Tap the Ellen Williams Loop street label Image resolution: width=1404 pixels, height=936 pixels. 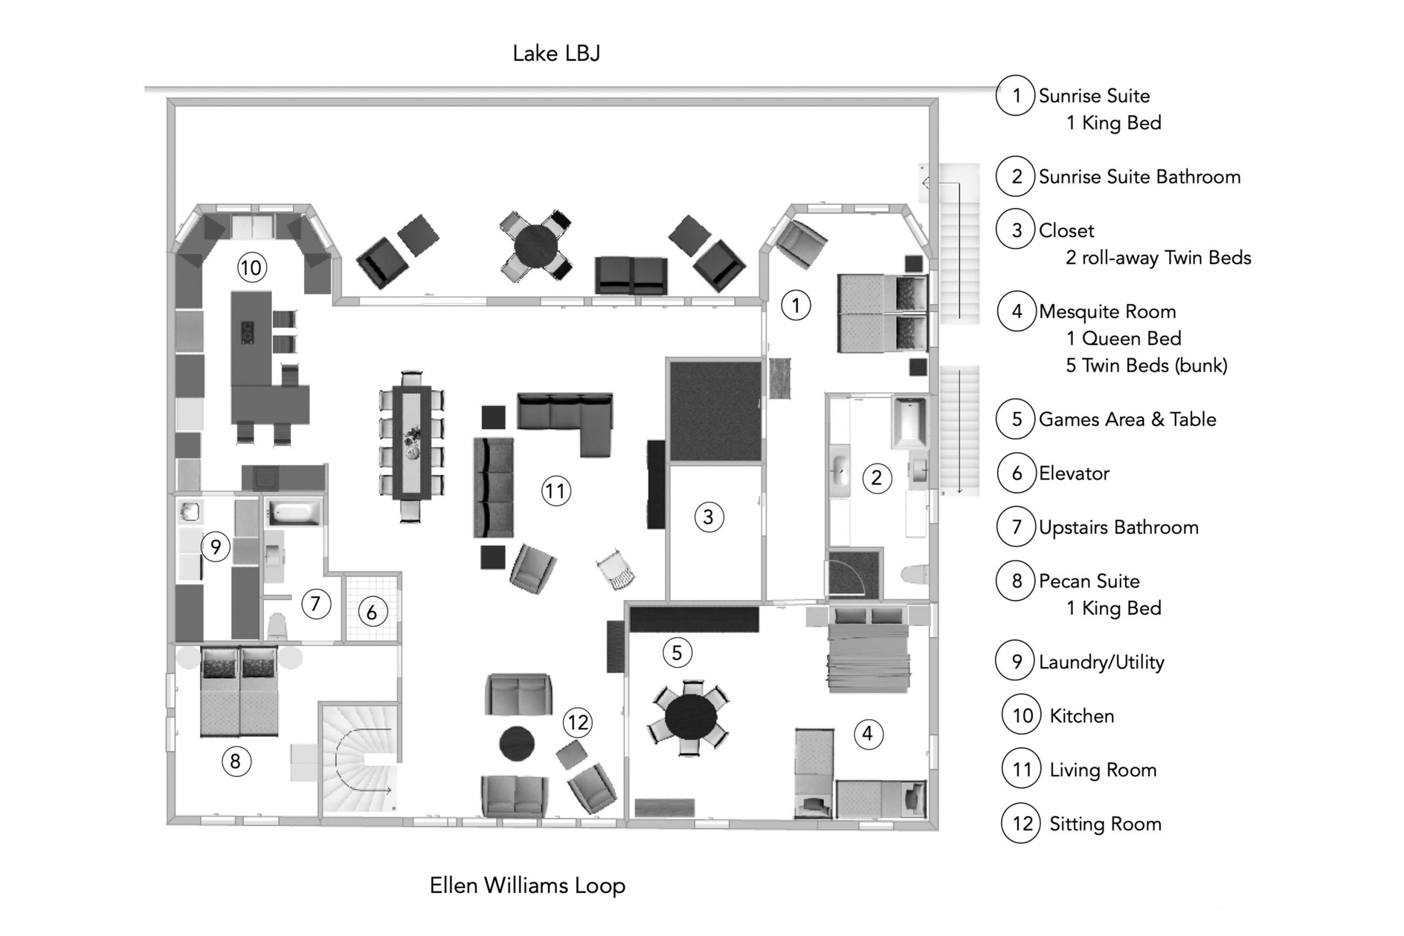[x=527, y=885]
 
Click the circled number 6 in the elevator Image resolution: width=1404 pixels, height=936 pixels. [x=372, y=612]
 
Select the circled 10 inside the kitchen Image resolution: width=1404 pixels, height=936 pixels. [x=251, y=267]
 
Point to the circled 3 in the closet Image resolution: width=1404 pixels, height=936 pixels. [x=709, y=517]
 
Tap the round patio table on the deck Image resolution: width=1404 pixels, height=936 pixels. [x=536, y=245]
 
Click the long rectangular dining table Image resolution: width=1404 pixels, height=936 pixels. [x=412, y=445]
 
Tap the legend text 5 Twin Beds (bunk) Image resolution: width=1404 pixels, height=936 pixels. [x=1146, y=365]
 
